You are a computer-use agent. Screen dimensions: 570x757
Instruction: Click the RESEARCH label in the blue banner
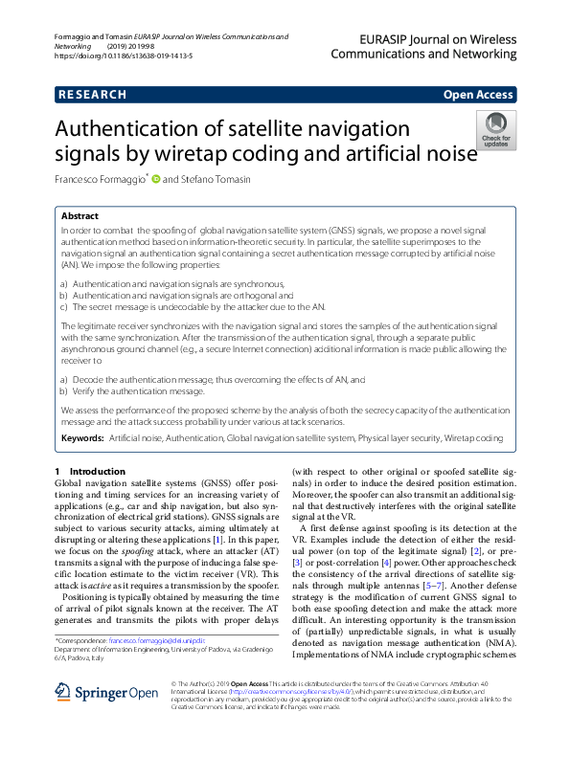92,95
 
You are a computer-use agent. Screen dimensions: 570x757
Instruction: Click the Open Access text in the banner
478,95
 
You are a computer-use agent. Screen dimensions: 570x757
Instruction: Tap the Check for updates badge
496,129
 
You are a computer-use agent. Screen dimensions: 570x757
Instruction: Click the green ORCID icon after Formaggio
155,179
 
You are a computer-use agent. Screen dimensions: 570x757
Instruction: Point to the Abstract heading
80,216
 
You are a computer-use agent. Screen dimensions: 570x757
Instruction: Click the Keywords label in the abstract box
82,437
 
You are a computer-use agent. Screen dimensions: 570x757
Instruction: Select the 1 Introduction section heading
90,472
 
